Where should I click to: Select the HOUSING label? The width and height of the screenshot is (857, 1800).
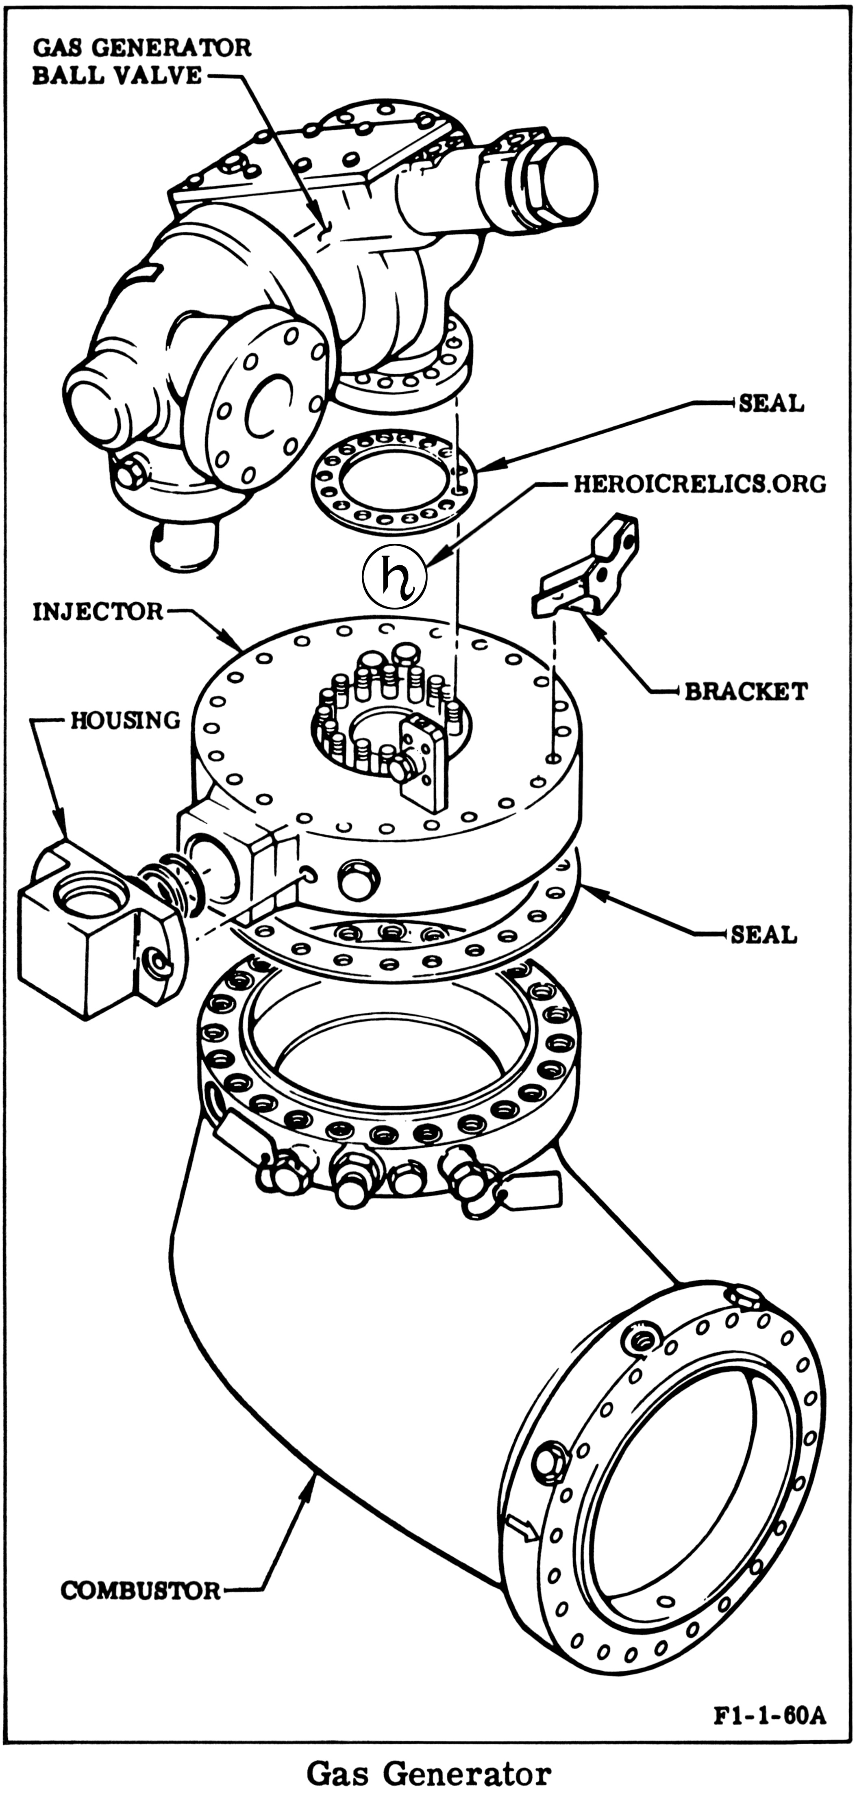(x=126, y=719)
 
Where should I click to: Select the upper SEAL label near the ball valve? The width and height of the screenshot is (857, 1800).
(x=771, y=403)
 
